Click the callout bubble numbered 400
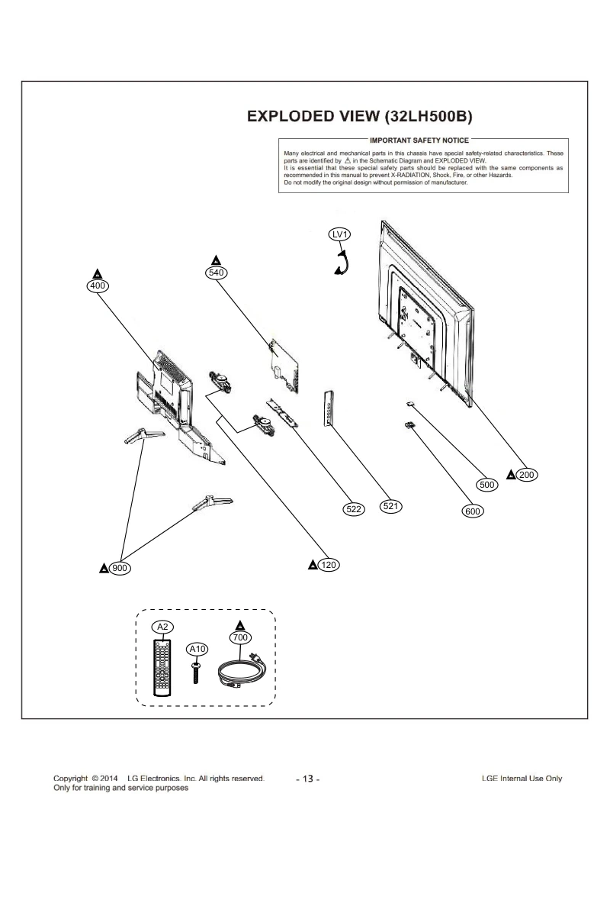coord(98,285)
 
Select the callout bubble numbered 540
coord(216,273)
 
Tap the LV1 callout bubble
coord(339,235)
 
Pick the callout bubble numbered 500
coord(486,484)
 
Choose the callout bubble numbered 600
coord(473,511)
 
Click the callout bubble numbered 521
coord(391,506)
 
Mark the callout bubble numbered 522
coord(353,508)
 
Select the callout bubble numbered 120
coord(329,565)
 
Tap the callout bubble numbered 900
coord(119,569)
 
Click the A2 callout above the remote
coord(161,627)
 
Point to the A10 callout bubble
coord(197,649)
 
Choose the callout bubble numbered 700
coord(239,637)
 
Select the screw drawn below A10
coord(196,672)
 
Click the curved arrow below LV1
coord(342,264)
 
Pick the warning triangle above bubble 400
coord(97,273)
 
